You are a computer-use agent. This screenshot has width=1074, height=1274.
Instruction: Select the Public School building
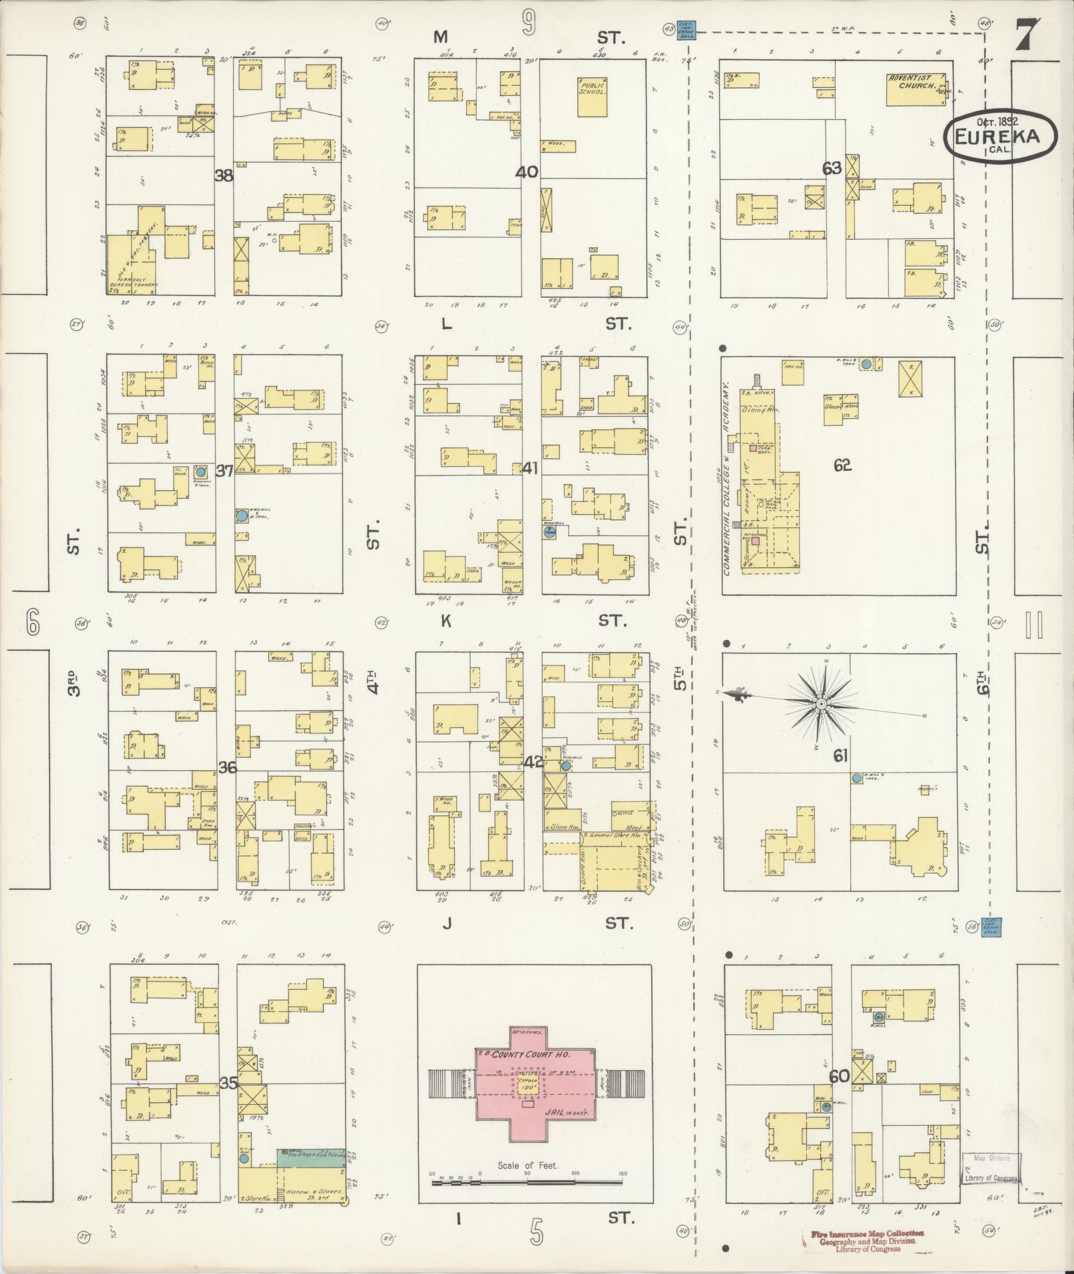pos(592,97)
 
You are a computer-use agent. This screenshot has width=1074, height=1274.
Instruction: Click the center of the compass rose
pos(821,704)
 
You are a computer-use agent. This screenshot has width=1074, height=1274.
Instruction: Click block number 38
pos(224,176)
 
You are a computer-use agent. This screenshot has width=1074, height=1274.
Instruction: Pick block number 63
pos(832,168)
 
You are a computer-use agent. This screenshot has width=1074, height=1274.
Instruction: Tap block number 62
pos(842,466)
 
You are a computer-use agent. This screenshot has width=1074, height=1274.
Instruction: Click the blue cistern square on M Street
pos(686,30)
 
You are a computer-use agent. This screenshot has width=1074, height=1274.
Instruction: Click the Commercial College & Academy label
pos(728,479)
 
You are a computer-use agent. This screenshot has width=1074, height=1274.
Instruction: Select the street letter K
pos(446,621)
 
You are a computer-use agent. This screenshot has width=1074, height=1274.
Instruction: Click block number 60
pos(839,1076)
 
